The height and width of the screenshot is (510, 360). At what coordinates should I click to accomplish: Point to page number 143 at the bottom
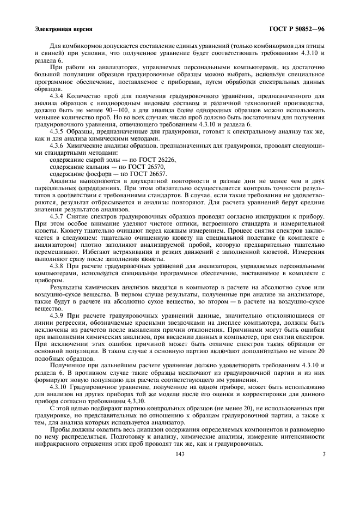click(180, 453)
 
